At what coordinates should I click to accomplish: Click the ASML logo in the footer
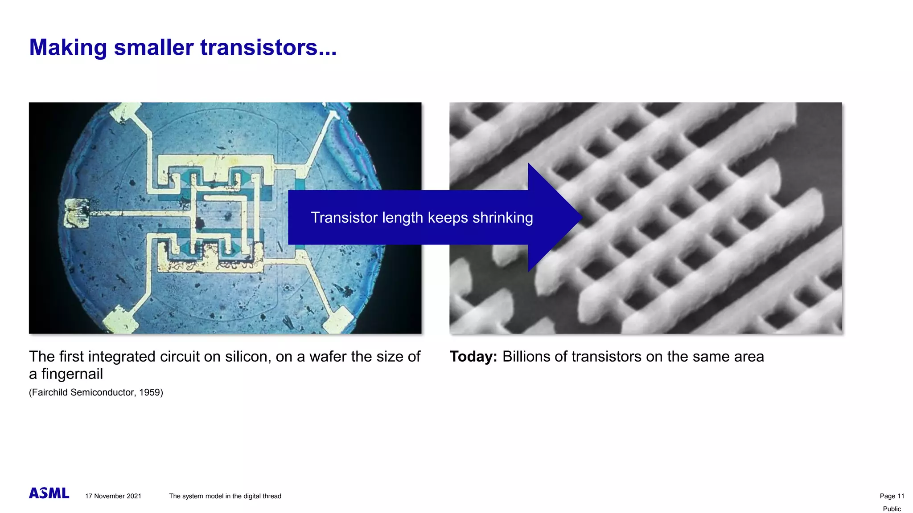[49, 493]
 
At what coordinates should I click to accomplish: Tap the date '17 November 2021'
[113, 496]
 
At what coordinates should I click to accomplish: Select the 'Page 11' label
[892, 496]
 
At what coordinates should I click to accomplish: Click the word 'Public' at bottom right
[892, 509]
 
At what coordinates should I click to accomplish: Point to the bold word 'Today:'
[473, 357]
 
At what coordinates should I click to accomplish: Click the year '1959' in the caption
[149, 392]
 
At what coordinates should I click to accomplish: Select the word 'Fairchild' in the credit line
[49, 392]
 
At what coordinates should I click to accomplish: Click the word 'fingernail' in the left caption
[72, 374]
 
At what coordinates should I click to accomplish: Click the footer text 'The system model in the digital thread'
[225, 496]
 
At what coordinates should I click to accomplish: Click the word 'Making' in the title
[68, 47]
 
